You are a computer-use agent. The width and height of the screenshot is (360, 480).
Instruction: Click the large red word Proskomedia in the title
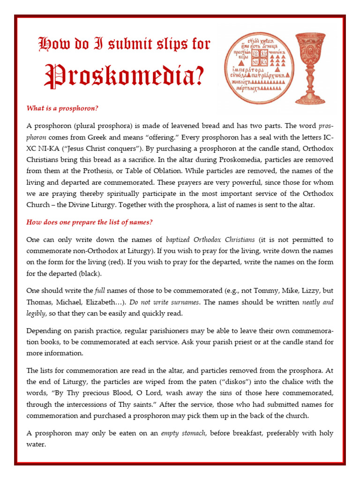(124, 77)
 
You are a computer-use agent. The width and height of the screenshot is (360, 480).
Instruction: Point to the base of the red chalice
(309, 100)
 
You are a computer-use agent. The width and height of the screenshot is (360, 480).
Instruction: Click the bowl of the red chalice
(310, 47)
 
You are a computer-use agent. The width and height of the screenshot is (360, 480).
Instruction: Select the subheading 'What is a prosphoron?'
(62, 108)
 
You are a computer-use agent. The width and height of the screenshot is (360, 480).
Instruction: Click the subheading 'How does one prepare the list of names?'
(90, 222)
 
